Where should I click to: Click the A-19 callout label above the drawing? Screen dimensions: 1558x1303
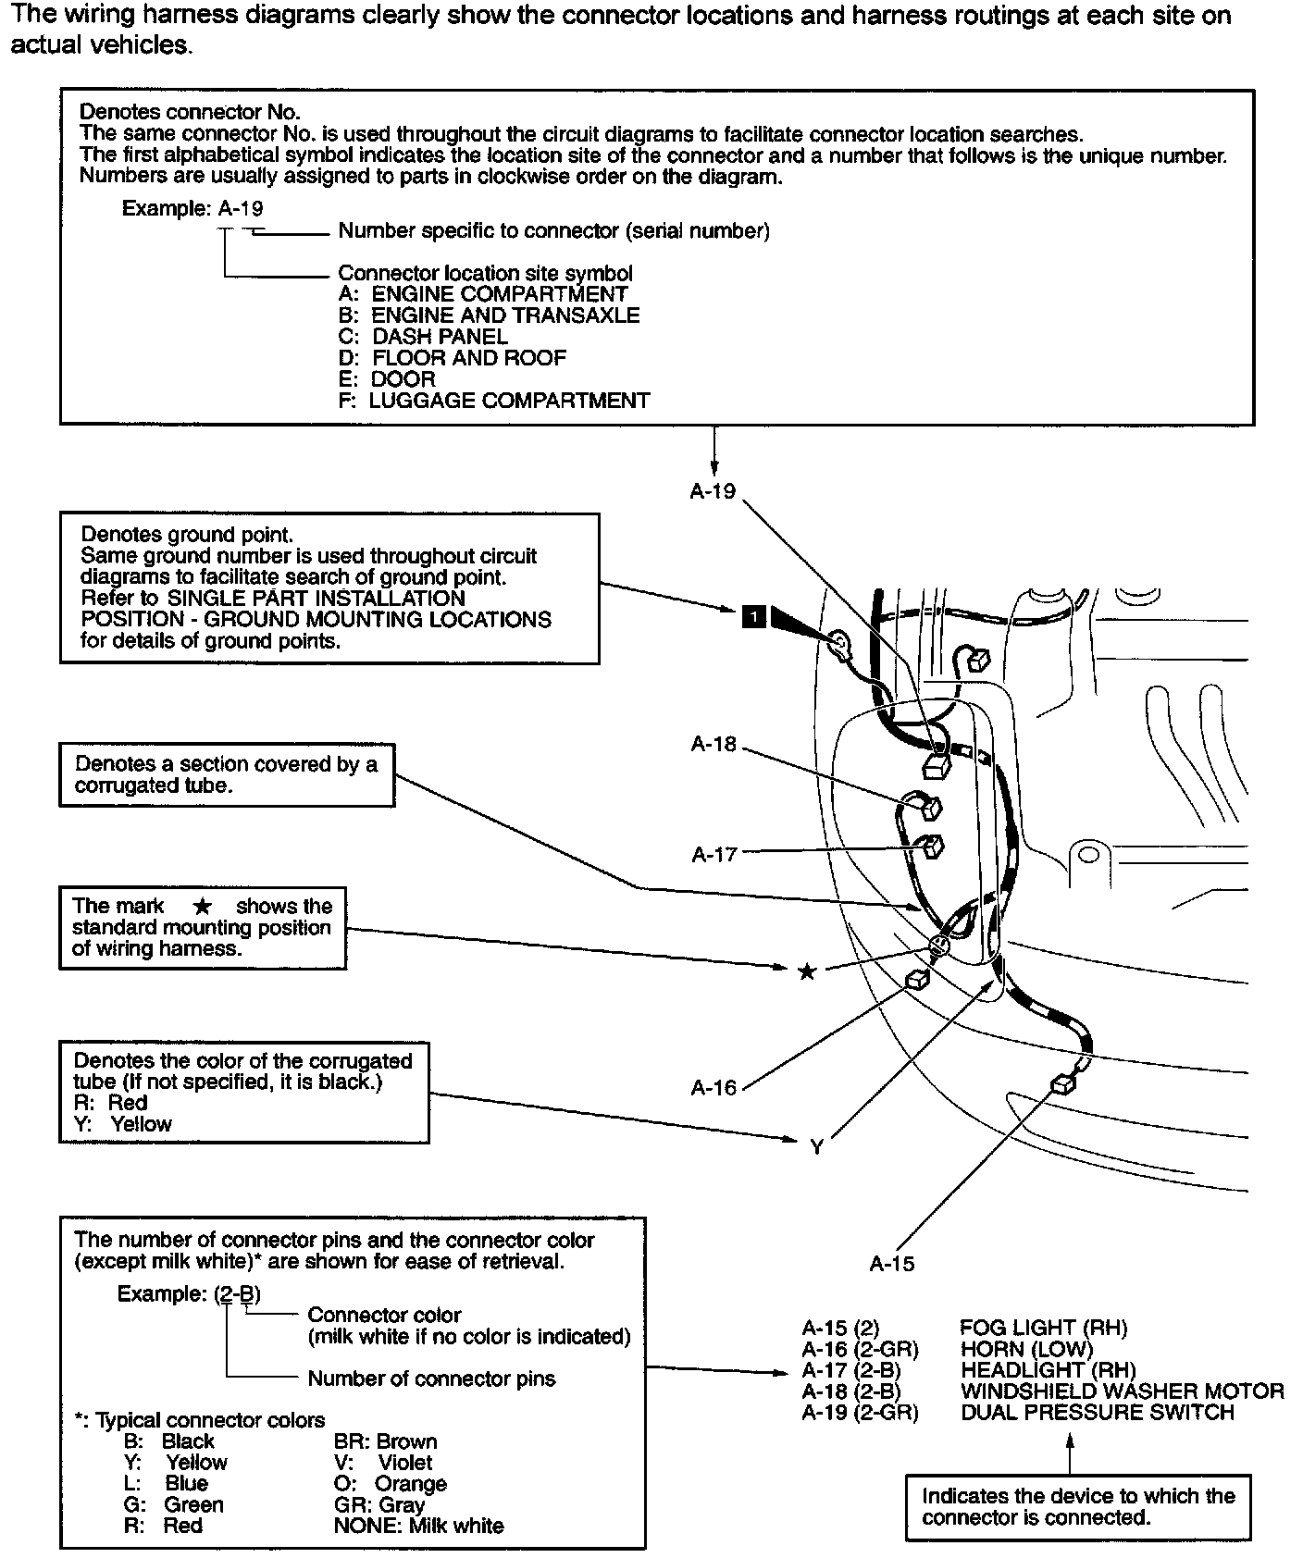(713, 491)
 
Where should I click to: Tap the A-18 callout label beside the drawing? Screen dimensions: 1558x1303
(714, 744)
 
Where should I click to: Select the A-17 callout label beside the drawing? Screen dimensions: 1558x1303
(714, 854)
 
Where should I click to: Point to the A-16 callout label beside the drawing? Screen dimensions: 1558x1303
(714, 1088)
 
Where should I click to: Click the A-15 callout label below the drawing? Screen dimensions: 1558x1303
(892, 1264)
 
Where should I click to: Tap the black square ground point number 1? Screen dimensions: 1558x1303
(754, 615)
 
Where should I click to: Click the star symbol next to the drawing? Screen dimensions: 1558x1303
(807, 971)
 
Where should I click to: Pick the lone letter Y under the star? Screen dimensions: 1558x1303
(816, 1147)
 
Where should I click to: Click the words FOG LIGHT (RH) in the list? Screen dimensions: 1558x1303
(1043, 1328)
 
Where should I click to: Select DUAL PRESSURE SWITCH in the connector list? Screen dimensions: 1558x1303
(1097, 1413)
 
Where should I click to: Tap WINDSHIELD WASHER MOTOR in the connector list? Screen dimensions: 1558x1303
(1122, 1391)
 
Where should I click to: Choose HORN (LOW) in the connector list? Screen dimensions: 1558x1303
(1026, 1349)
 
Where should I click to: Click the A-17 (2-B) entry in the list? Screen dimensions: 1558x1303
(851, 1370)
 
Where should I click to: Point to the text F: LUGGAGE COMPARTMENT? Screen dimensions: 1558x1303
(494, 401)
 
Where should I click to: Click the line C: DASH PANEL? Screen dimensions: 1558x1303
(423, 337)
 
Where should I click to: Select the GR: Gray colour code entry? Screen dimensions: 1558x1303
(378, 1505)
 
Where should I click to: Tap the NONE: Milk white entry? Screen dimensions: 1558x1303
(418, 1527)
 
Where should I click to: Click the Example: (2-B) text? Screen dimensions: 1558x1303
(189, 1294)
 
